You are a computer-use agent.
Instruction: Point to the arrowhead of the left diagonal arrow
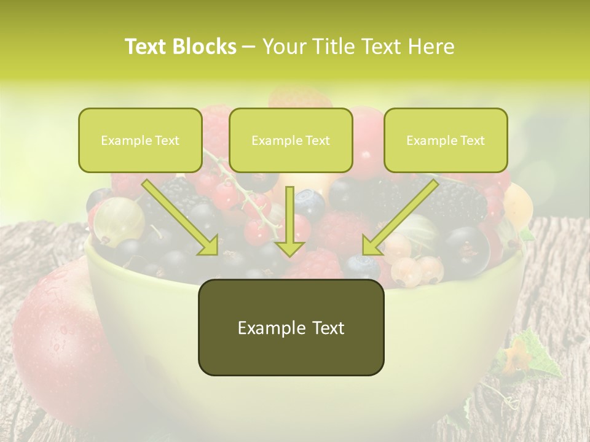tap(209, 246)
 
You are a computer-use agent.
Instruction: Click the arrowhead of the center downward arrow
tap(290, 249)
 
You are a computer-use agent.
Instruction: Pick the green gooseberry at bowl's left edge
tap(119, 220)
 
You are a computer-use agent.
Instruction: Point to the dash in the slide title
tap(249, 47)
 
